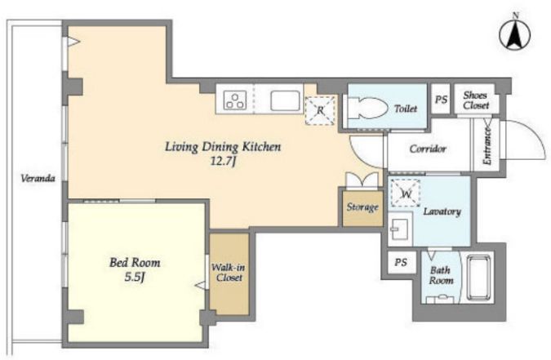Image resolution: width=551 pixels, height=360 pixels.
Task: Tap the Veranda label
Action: click(38, 178)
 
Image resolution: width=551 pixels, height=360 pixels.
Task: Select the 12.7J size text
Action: click(222, 162)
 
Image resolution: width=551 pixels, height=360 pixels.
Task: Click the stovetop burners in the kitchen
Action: click(235, 100)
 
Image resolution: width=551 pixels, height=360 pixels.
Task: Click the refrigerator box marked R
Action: click(320, 110)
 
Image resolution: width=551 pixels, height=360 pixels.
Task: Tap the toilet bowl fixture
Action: click(367, 108)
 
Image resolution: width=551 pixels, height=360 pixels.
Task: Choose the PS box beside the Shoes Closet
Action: click(441, 99)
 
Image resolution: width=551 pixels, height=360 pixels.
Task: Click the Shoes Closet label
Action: click(476, 100)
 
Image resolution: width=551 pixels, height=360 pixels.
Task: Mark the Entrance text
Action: click(487, 146)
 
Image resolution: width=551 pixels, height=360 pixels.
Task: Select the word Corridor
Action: click(428, 149)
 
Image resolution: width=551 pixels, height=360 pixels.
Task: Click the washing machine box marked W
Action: click(406, 193)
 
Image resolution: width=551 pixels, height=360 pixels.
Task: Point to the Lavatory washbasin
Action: click(400, 229)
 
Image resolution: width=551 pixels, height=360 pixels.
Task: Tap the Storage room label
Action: click(362, 207)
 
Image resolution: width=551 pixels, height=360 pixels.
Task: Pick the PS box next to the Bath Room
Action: click(402, 262)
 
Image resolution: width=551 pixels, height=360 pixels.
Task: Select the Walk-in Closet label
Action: click(229, 273)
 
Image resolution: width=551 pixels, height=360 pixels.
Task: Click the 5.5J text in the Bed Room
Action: click(135, 278)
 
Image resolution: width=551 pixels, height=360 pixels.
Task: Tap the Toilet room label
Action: click(406, 109)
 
